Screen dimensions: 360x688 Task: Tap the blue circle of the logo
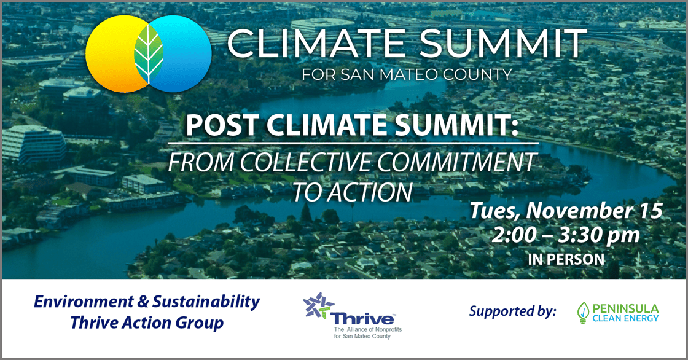tap(184, 54)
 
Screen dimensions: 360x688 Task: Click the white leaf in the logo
tap(149, 54)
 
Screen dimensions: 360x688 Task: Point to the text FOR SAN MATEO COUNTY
tap(407, 76)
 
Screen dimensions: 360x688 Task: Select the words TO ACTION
tap(352, 192)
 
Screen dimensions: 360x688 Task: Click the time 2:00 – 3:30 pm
tap(566, 235)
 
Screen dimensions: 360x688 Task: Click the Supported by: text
tap(512, 311)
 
